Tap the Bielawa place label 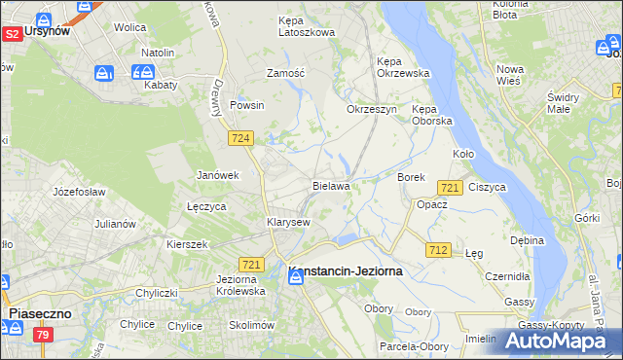[331, 185]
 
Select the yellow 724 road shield [242, 139]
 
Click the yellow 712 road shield [437, 250]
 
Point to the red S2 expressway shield [12, 34]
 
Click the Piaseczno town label [44, 314]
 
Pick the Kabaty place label [161, 85]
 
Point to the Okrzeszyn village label [372, 109]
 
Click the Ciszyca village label [487, 186]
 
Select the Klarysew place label [288, 222]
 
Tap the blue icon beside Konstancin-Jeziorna [294, 278]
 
